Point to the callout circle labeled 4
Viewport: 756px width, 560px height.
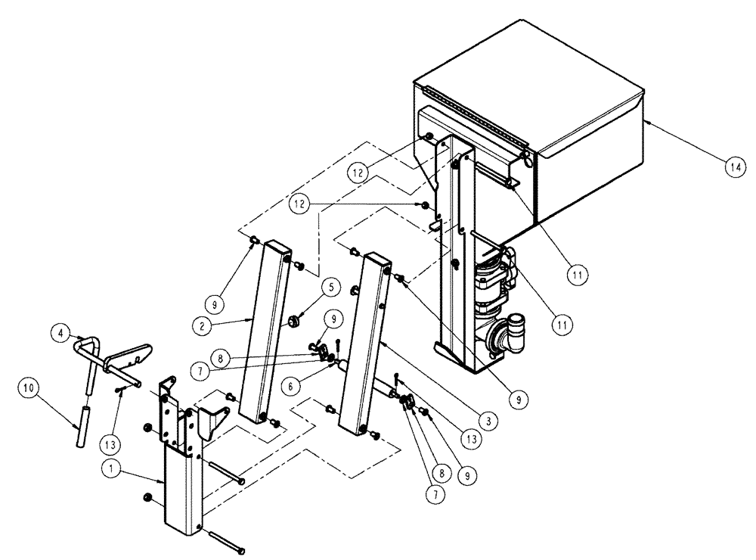tap(60, 331)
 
